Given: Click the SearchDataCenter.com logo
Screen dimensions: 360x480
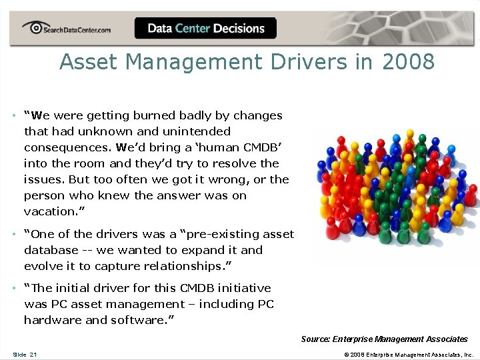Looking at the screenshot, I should (67, 29).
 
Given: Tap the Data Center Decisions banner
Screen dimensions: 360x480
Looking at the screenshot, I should (205, 29).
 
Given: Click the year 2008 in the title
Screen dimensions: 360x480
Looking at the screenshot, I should (408, 62).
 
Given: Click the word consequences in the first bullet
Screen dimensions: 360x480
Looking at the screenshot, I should (67, 147).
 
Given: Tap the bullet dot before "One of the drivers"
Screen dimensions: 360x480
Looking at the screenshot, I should (14, 235).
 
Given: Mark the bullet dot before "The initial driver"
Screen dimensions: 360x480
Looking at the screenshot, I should (14, 289).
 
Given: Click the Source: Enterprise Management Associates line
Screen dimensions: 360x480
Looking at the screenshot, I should (384, 339).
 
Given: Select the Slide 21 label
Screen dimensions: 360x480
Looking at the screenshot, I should (25, 354).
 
